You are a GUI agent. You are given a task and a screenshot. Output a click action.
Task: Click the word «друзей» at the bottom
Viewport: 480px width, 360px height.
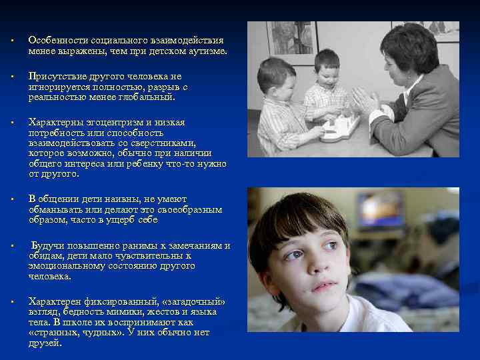pos(45,343)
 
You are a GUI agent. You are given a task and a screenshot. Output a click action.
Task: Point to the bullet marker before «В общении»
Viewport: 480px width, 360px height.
pos(13,199)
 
